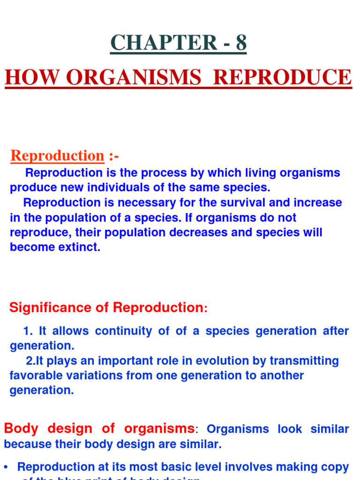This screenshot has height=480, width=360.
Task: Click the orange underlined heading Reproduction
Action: [57, 156]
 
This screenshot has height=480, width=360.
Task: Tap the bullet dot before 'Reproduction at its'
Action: [6, 467]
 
